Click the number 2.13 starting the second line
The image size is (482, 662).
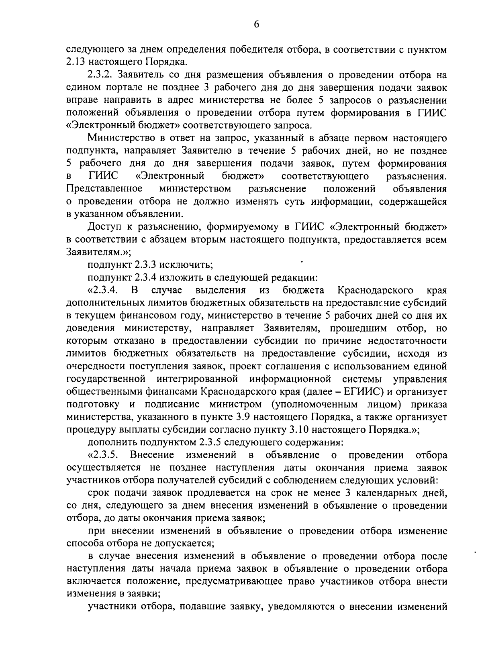[x=74, y=62]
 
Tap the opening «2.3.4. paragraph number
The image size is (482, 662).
[x=102, y=290]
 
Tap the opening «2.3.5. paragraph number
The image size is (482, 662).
[x=102, y=455]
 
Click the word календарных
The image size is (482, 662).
[x=391, y=493]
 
